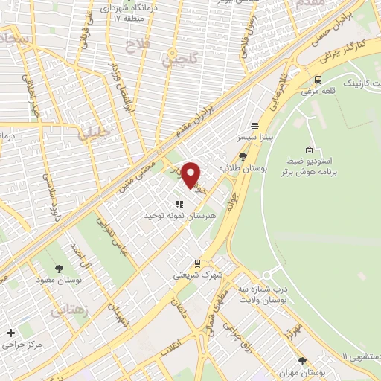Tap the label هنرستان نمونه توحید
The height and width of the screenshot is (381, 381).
179,214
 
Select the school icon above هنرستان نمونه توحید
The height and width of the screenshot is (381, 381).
179,203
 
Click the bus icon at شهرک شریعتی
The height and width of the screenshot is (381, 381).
197,263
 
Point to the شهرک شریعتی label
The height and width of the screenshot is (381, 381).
198,275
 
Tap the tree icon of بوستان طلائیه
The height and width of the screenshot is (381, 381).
243,156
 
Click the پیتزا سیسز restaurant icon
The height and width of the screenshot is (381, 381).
255,127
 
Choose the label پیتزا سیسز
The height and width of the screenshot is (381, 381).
255,138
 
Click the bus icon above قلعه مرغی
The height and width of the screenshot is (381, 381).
318,80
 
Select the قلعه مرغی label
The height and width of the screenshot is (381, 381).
318,92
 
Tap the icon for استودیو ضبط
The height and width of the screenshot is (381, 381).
310,150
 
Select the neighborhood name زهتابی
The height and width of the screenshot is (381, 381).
71,311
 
